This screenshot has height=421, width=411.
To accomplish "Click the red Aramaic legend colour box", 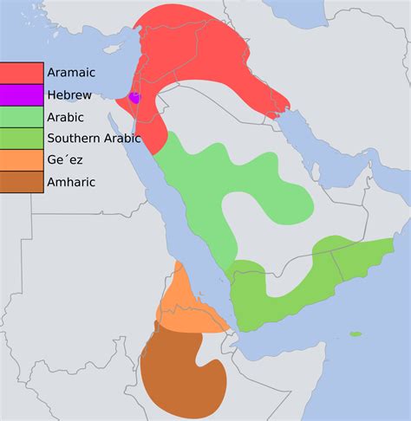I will pos(22,74).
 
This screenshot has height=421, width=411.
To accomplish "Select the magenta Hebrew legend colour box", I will pos(22,95).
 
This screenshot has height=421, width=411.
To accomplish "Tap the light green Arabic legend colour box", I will pos(22,117).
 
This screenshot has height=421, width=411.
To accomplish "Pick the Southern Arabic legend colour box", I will pos(22,139).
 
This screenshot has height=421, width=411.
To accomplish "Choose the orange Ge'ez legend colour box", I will pos(22,160).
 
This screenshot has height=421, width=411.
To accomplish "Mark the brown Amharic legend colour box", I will pos(22,182).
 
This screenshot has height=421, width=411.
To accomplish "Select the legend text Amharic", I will pos(72,182).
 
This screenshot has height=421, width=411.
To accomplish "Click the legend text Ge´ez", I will pos(66,160).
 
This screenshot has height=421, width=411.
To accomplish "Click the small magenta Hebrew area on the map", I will pos(134,97).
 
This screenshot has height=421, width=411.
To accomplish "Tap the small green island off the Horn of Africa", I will pos(356,334).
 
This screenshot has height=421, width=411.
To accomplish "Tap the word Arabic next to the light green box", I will pos(66,117).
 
